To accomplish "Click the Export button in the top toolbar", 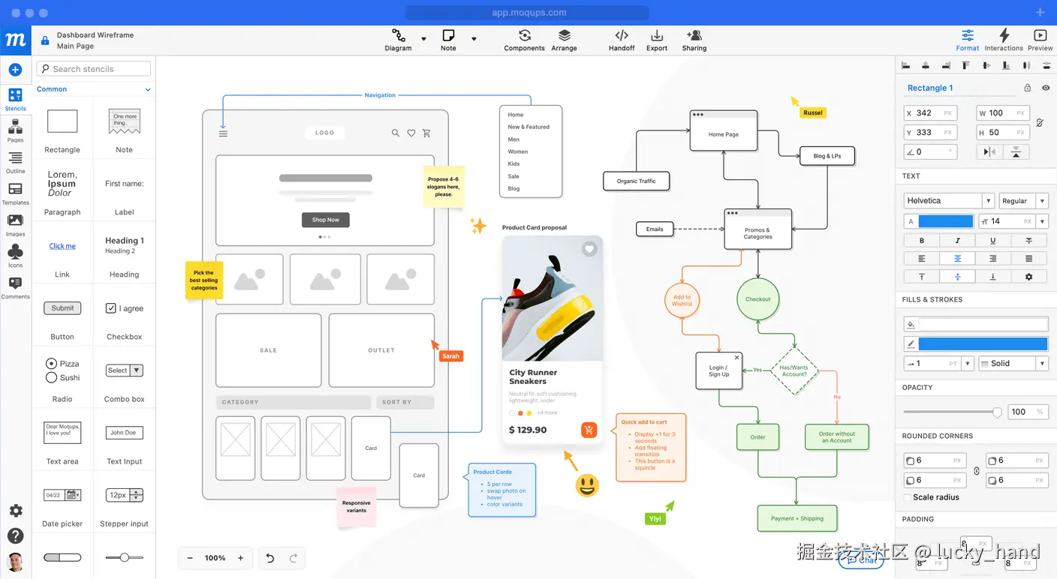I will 656,40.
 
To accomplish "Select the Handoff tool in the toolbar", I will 622,40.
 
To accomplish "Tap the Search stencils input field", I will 94,69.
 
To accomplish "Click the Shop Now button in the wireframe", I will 326,220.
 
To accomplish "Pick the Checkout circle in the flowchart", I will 758,299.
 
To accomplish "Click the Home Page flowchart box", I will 724,133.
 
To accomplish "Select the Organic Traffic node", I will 637,181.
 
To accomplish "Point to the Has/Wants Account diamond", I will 794,370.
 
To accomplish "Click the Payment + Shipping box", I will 797,518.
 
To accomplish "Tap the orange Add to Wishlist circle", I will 682,301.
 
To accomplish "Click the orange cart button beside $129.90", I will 589,430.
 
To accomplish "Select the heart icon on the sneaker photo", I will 589,249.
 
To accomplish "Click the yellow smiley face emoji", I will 587,485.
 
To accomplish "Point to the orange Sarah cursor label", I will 450,356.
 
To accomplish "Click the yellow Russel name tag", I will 812,112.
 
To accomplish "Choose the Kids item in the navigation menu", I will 514,163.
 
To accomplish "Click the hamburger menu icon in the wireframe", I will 223,133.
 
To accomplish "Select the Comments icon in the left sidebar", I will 15,286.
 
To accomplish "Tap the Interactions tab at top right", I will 1004,40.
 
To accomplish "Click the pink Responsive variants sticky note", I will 357,507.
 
